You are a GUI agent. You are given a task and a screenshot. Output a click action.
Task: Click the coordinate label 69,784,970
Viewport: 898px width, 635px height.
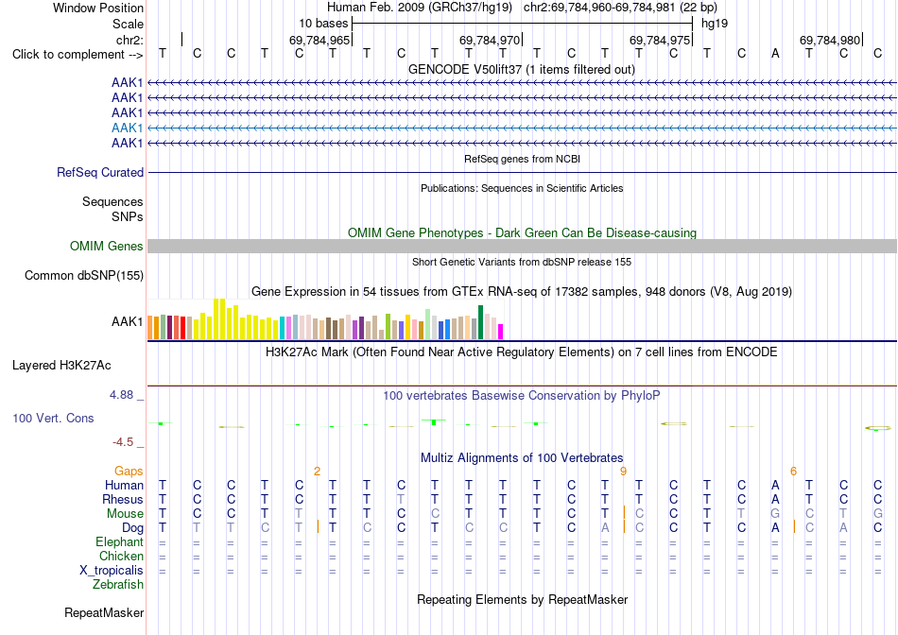[x=490, y=40]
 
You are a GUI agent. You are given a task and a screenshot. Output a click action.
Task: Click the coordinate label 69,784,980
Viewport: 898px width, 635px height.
[x=830, y=40]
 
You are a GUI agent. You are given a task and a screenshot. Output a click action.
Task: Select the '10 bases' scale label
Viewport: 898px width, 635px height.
[x=323, y=24]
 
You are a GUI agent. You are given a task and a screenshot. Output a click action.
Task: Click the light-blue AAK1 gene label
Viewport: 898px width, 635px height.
[x=128, y=128]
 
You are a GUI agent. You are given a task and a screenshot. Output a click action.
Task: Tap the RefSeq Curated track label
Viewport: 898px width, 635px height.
[x=100, y=172]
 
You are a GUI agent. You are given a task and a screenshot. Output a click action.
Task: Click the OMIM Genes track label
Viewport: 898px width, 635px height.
[x=107, y=247]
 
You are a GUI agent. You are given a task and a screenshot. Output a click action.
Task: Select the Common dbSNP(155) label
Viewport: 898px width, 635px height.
[x=84, y=275]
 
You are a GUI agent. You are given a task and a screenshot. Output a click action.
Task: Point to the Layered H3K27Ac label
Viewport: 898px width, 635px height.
[x=61, y=366]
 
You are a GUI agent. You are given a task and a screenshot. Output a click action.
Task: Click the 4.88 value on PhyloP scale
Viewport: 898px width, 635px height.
[x=121, y=395]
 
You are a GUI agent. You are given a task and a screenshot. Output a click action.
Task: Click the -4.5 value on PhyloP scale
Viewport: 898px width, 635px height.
[x=123, y=442]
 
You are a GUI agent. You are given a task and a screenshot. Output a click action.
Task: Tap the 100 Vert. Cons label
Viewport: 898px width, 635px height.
[x=53, y=418]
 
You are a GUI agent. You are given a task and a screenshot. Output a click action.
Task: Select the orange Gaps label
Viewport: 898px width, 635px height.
[x=129, y=471]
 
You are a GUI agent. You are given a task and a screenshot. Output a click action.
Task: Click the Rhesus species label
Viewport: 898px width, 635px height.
[x=123, y=499]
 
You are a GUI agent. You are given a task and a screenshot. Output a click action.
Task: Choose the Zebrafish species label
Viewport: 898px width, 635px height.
[x=118, y=585]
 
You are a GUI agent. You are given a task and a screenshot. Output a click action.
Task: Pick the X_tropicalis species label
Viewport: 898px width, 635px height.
[x=112, y=571]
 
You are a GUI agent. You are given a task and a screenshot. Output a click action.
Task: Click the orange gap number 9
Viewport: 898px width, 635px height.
[x=623, y=472]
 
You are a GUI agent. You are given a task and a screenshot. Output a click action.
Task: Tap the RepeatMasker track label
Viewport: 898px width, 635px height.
[x=104, y=612]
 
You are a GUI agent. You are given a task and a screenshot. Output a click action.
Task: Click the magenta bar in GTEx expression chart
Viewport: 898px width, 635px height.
[x=501, y=332]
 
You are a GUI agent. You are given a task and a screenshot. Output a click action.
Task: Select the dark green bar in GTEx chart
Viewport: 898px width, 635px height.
[x=480, y=322]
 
